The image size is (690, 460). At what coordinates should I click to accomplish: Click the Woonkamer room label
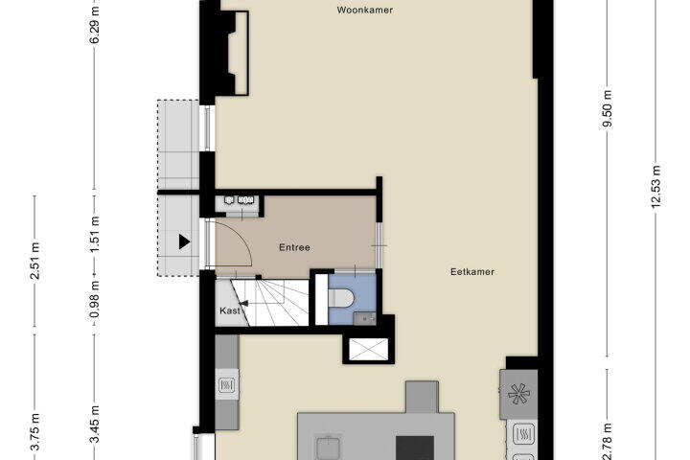(365, 10)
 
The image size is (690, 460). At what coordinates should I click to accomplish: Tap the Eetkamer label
(472, 271)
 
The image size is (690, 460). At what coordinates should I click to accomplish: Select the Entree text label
(294, 247)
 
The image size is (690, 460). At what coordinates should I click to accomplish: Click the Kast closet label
(230, 310)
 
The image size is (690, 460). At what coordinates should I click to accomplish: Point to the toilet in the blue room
(341, 298)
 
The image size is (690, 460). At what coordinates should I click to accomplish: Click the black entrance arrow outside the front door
(184, 241)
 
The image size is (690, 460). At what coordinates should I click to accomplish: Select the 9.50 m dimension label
(608, 109)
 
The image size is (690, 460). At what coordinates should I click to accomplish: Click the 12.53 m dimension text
(655, 186)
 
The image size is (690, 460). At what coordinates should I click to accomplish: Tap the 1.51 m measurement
(94, 235)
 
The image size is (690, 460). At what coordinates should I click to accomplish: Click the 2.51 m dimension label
(34, 261)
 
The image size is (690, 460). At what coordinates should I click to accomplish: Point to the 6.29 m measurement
(94, 24)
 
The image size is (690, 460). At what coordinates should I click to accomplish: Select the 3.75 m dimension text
(34, 432)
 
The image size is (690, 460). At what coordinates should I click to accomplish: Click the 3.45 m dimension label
(94, 425)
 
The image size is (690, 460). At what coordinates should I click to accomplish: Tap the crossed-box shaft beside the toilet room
(368, 350)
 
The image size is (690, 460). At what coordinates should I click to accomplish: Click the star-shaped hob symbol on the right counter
(518, 394)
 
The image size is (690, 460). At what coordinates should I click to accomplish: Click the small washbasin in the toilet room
(365, 318)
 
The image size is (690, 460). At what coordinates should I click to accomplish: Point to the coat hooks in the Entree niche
(237, 200)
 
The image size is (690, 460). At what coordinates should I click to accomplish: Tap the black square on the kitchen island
(415, 448)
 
